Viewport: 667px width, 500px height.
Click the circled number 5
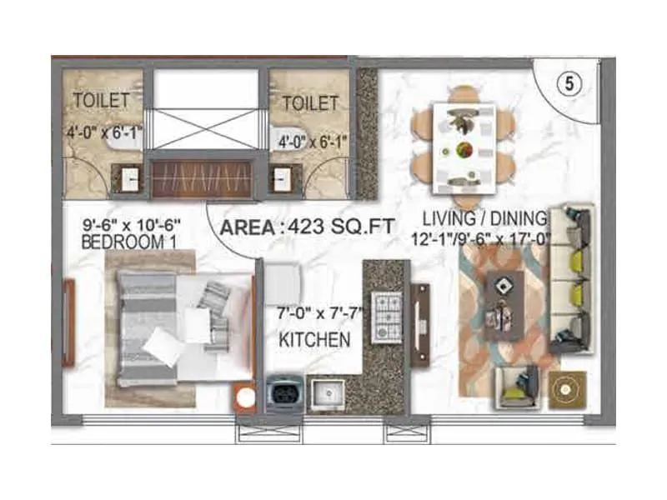pyautogui.click(x=568, y=84)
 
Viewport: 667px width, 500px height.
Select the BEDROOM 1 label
pyautogui.click(x=125, y=242)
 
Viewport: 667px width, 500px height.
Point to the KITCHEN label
pyautogui.click(x=313, y=339)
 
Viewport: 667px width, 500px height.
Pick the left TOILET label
pyautogui.click(x=102, y=101)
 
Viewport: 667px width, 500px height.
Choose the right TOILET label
pyautogui.click(x=310, y=104)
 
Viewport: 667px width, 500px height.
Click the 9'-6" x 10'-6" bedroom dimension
pyautogui.click(x=132, y=225)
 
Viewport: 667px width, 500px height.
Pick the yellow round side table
pyautogui.click(x=565, y=389)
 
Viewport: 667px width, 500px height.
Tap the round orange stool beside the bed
pyautogui.click(x=245, y=397)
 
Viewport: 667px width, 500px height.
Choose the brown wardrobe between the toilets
pyautogui.click(x=204, y=178)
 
